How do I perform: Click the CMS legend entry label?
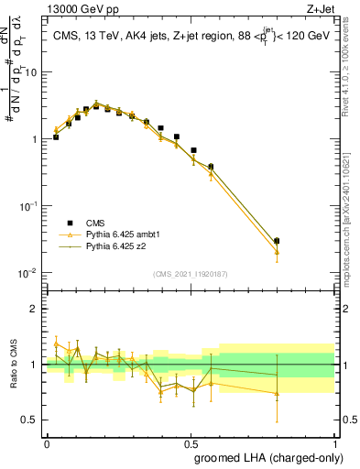pyautogui.click(x=95, y=222)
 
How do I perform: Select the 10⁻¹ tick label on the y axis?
pyautogui.click(x=29, y=206)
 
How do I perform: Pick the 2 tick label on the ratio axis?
pyautogui.click(x=35, y=309)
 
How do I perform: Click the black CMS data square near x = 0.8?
pyautogui.click(x=278, y=241)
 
